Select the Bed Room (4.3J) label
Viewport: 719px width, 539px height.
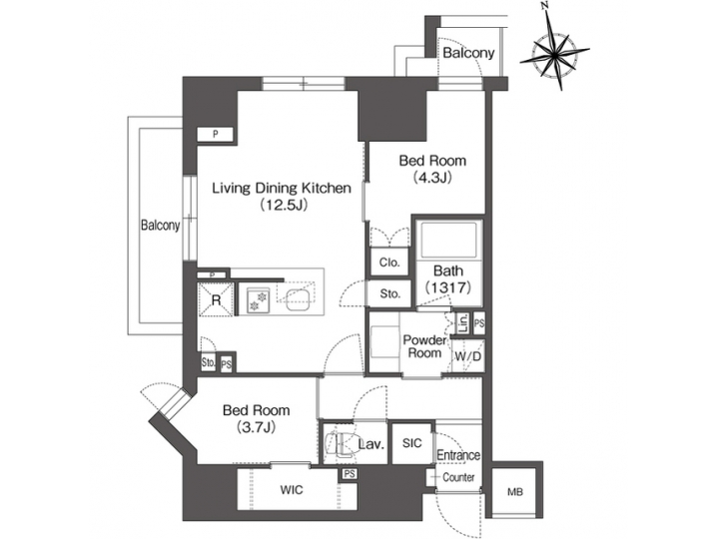(431, 169)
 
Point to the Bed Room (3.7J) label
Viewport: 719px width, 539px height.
(256, 418)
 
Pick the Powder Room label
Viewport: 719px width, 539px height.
(423, 346)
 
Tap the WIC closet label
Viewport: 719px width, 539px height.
(292, 490)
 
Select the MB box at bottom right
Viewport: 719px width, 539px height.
(514, 491)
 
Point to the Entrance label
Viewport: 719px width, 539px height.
(458, 455)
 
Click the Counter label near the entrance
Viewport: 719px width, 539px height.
(458, 477)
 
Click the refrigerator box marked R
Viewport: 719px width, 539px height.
(215, 297)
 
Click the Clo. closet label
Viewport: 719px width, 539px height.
(387, 263)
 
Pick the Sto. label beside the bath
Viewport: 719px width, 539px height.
(389, 293)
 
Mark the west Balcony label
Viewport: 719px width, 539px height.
(160, 226)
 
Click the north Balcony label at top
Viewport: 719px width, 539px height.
(467, 52)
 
